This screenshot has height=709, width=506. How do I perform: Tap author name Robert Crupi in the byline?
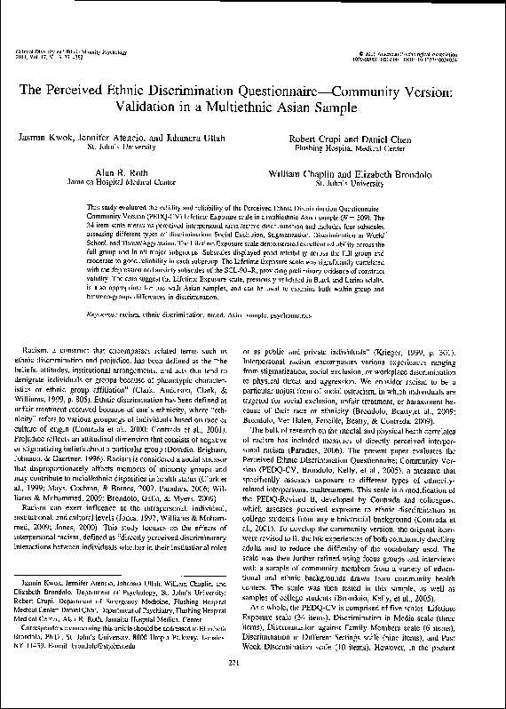(317, 139)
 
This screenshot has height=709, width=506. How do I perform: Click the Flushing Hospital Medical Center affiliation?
(352, 149)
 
